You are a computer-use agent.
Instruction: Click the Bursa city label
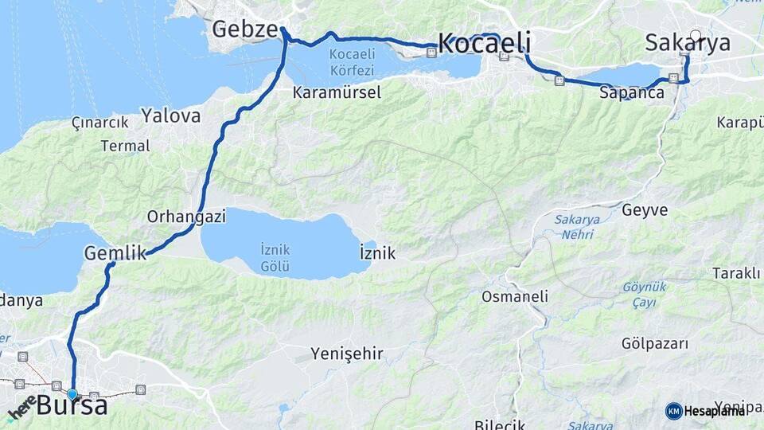point(72,406)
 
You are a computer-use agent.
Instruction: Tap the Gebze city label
point(244,29)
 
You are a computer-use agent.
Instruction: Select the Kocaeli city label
point(485,44)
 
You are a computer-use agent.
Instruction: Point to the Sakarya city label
point(688,43)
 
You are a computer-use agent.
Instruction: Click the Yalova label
point(171,115)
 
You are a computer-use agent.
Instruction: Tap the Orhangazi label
point(186,217)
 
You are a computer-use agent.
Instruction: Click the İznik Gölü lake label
point(275,257)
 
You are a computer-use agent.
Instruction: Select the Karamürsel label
point(337,92)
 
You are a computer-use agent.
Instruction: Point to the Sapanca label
point(632,92)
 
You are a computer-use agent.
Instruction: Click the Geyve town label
point(645,210)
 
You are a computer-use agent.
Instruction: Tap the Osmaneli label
point(515,296)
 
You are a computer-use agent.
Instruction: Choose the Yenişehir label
point(347,353)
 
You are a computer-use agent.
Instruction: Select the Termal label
point(126,146)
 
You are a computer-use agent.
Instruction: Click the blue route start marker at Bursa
point(72,393)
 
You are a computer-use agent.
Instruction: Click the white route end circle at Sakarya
point(696,36)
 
